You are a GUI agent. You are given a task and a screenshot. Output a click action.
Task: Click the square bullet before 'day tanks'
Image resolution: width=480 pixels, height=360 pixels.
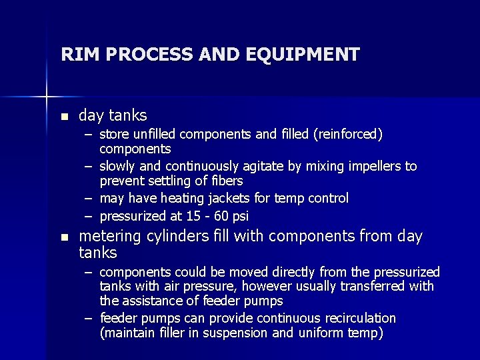coord(64,117)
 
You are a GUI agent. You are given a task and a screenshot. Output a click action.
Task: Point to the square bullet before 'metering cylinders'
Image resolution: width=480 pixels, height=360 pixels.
coord(64,237)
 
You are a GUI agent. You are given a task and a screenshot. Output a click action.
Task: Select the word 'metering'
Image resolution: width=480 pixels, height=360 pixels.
coord(109,237)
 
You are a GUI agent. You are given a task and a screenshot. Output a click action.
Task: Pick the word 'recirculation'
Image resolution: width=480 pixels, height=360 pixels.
coord(359,318)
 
